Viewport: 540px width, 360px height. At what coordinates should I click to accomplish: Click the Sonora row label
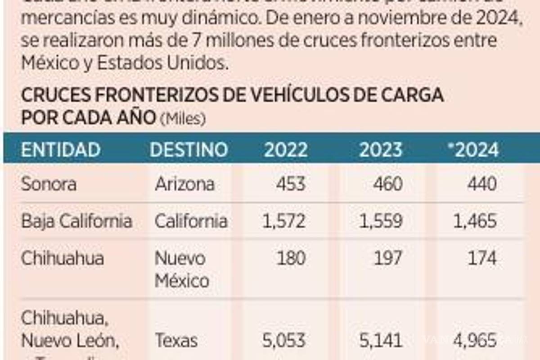point(49,184)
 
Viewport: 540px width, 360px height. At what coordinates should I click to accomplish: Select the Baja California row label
point(76,221)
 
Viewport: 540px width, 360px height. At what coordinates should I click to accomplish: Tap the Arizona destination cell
point(184,184)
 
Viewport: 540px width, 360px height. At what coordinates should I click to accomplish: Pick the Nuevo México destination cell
point(182,269)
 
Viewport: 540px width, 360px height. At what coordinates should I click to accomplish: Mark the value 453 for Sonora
point(291,184)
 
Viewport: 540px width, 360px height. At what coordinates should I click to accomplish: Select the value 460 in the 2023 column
point(387,184)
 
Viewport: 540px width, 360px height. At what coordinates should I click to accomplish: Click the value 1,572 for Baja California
point(283,221)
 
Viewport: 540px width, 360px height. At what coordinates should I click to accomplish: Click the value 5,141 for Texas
point(380,341)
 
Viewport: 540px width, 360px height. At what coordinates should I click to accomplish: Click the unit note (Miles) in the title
point(183,119)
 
